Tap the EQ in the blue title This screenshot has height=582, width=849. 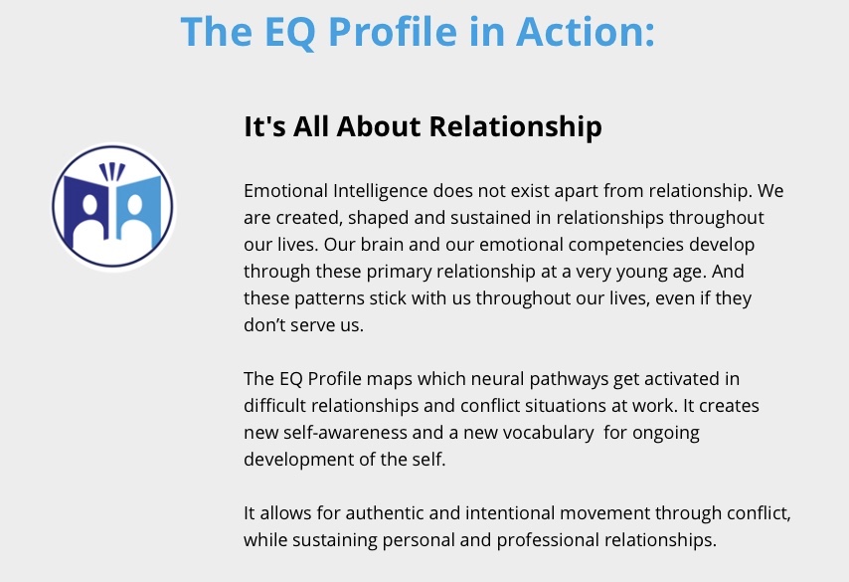(x=289, y=33)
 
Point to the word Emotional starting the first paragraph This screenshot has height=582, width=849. (x=286, y=191)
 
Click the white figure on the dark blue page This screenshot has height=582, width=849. (x=88, y=223)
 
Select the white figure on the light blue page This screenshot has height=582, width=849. (x=135, y=223)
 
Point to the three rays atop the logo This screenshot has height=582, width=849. (x=112, y=172)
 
